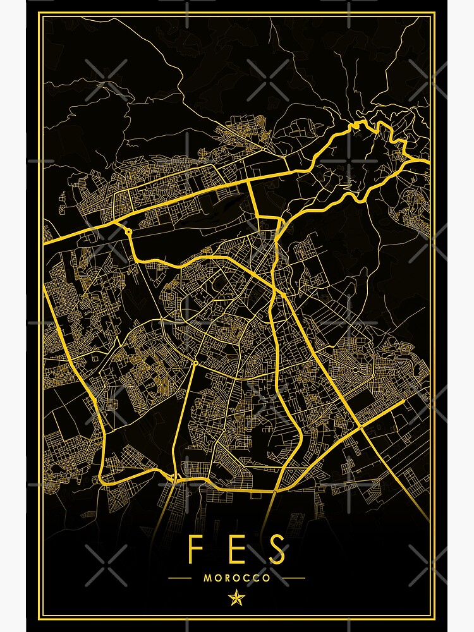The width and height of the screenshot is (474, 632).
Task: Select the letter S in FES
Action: tap(276, 550)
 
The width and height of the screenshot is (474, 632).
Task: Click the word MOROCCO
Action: tap(237, 578)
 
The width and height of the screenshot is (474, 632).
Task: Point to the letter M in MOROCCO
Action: tap(208, 578)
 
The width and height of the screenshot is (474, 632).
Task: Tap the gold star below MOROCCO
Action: tap(237, 597)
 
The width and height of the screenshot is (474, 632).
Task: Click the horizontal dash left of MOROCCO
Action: tap(180, 578)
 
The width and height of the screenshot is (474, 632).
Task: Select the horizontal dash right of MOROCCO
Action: tap(294, 578)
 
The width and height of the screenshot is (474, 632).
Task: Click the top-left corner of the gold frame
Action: tap(40, 14)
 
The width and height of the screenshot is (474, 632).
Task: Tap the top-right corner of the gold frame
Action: tap(434, 14)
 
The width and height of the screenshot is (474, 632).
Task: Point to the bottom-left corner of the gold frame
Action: tap(40, 617)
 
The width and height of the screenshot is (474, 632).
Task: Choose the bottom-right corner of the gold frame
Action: tap(434, 617)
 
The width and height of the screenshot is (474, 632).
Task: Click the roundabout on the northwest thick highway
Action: tap(128, 232)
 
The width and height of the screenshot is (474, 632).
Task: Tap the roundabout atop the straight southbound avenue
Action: tap(195, 363)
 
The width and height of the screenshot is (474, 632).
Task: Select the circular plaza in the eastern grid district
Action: tap(356, 369)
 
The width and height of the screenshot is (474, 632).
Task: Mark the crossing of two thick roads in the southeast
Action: tap(361, 427)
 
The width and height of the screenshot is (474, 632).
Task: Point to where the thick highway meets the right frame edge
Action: tap(430, 162)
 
